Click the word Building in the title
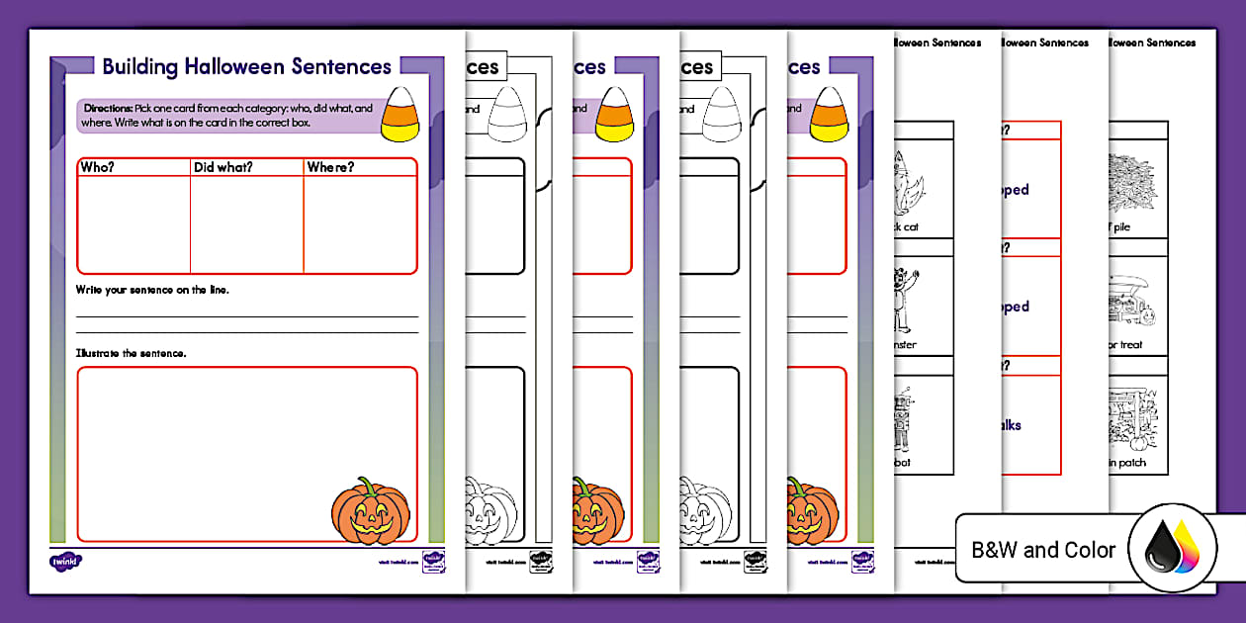pos(139,67)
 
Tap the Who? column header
pos(97,167)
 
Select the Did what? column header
pos(223,167)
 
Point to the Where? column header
pos(330,167)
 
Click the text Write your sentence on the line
pos(152,289)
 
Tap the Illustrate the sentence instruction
pos(131,352)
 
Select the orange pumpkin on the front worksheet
pos(370,510)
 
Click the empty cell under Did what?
pos(246,224)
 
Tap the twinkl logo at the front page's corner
pos(65,561)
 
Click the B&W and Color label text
pos(1043,550)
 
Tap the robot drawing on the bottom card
pos(905,416)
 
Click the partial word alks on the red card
pos(1011,425)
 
